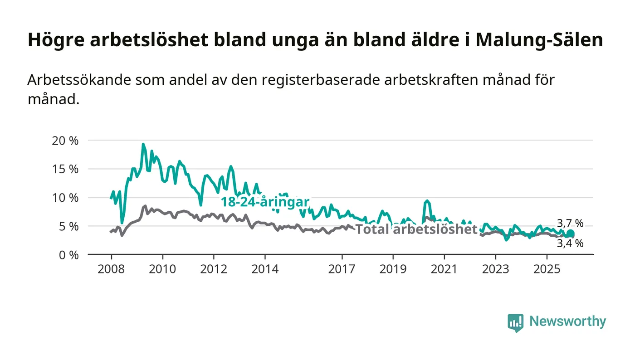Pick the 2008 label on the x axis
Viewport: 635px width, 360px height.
coord(111,269)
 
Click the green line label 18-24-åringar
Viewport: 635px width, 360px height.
coord(265,202)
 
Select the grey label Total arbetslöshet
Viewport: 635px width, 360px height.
coord(416,229)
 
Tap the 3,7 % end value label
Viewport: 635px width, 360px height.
coord(570,223)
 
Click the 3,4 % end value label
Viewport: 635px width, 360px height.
coord(570,243)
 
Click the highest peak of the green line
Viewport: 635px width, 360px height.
coord(143,145)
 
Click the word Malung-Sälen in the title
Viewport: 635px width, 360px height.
coord(540,40)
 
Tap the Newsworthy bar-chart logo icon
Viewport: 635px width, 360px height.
coord(515,322)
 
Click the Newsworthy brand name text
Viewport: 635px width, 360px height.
coord(567,321)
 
